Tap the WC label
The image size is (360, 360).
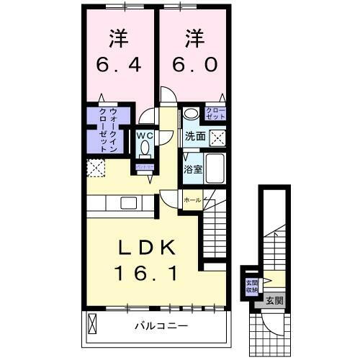(x=145, y=134)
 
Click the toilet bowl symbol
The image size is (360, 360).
(x=145, y=148)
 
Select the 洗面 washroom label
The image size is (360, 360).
(x=194, y=135)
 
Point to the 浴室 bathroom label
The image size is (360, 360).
(x=192, y=170)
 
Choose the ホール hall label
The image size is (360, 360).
(x=192, y=199)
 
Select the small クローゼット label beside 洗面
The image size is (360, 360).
(x=215, y=113)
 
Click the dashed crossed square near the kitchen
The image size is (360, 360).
(x=95, y=168)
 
